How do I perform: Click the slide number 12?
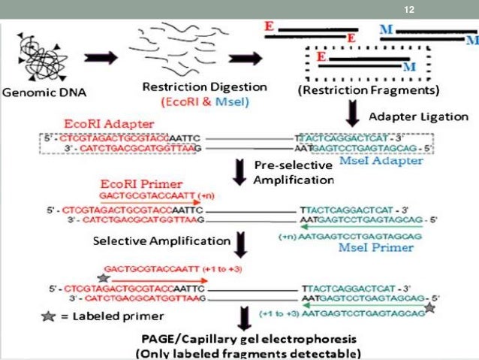409,9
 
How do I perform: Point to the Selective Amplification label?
161,241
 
